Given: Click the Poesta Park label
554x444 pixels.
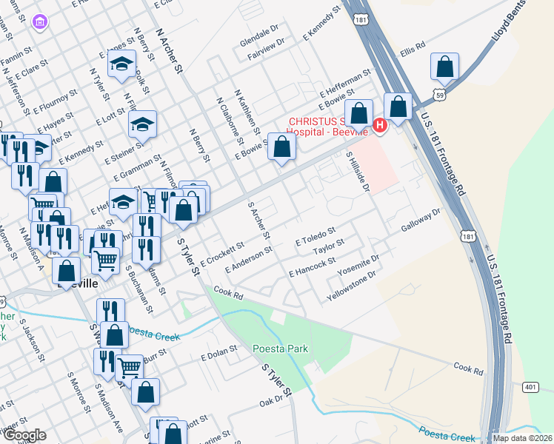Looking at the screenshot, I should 280,349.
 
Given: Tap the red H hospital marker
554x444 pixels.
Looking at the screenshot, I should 381,126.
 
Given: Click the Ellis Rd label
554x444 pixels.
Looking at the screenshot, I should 413,49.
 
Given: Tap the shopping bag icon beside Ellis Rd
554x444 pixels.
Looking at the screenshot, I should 444,67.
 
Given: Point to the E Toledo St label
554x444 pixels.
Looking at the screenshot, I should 316,237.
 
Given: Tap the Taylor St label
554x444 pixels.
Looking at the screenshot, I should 329,247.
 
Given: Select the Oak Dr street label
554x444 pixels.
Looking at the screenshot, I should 271,400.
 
